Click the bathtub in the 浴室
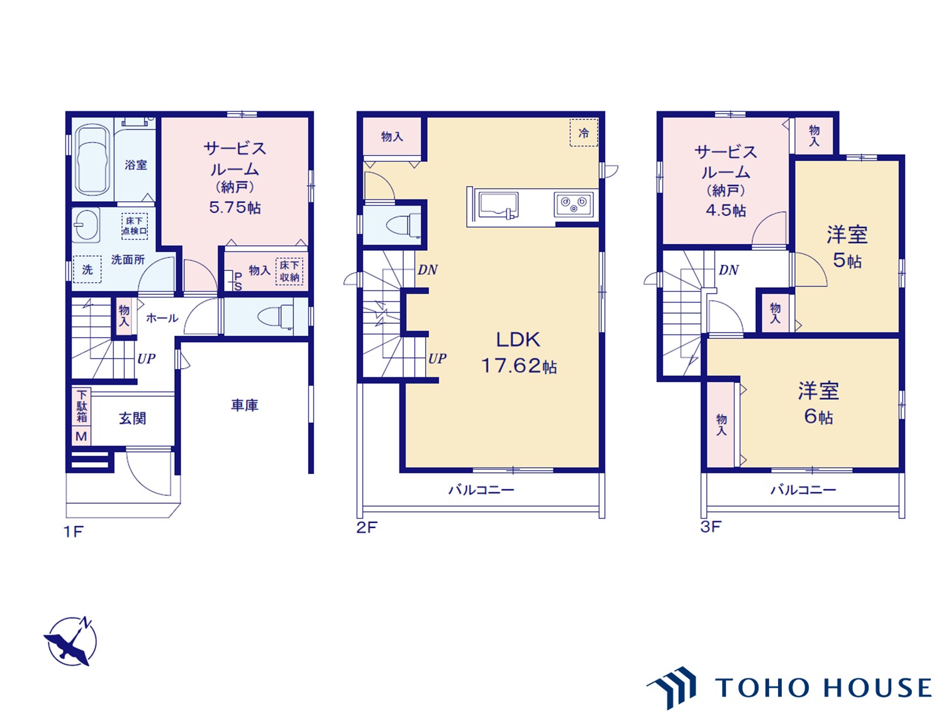pos(92,160)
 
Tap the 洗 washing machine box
pos(87,269)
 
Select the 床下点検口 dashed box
pos(135,226)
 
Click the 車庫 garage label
pos(245,405)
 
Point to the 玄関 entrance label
pos(133,419)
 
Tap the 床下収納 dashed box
pos(289,272)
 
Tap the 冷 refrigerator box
pos(584,133)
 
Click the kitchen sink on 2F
pos(498,205)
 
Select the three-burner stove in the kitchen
pos(574,204)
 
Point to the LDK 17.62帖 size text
pos(519,353)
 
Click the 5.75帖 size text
pos(235,207)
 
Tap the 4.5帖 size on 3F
pos(726,211)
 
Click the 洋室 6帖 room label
pos(818,403)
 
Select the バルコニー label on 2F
pos(481,490)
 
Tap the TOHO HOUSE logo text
pos(822,688)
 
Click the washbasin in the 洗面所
pos(86,225)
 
